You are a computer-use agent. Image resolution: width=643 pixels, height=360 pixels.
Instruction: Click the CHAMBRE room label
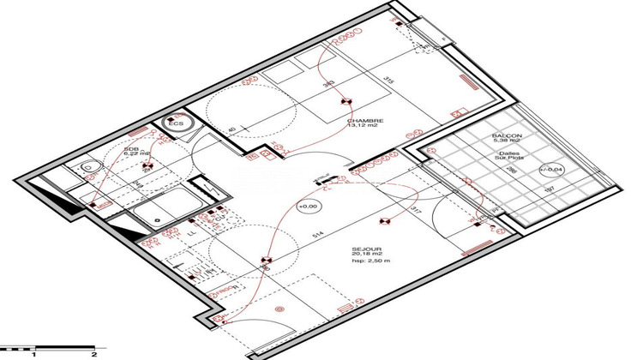(x=364, y=121)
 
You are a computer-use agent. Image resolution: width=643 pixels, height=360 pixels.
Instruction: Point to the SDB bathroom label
(x=131, y=148)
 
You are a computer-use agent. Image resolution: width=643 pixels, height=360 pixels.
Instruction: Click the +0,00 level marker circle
(x=307, y=207)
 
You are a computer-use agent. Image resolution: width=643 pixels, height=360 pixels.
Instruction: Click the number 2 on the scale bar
(x=93, y=353)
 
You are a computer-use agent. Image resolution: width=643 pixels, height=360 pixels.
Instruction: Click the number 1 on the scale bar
(x=33, y=353)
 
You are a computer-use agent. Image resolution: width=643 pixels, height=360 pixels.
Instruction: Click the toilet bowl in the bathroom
(x=87, y=168)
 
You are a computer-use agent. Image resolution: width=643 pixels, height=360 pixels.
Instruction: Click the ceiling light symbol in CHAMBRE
(x=346, y=100)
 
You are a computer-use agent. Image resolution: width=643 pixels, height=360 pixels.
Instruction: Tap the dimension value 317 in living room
(x=417, y=207)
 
